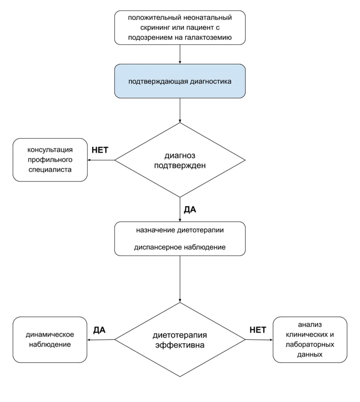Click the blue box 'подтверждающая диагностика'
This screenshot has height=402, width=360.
(x=180, y=81)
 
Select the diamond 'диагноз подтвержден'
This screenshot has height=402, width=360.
(x=180, y=160)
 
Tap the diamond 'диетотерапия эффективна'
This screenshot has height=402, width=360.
(x=180, y=340)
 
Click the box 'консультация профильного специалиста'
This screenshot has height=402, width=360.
(x=50, y=160)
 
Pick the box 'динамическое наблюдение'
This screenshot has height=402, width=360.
(x=50, y=340)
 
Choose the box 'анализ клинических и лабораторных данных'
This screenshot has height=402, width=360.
(x=310, y=340)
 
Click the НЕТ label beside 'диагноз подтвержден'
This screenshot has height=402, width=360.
(x=100, y=150)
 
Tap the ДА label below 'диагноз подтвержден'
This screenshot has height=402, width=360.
(x=190, y=210)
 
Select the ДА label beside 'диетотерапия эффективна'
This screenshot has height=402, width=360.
(x=100, y=330)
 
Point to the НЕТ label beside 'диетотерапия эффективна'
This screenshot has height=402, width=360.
(x=258, y=330)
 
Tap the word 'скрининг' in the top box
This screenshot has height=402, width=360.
(x=156, y=27)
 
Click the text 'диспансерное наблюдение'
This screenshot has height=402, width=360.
(x=180, y=247)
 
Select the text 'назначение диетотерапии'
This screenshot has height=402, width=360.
(x=180, y=230)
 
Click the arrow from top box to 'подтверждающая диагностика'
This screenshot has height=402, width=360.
(x=180, y=54)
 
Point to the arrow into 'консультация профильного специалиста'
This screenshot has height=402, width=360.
(x=101, y=160)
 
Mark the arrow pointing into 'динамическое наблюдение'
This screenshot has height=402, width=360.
(x=101, y=340)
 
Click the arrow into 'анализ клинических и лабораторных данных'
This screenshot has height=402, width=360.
(x=259, y=340)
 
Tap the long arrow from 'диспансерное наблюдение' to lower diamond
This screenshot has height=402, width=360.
(x=180, y=279)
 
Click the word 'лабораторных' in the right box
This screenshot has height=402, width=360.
(x=310, y=344)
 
